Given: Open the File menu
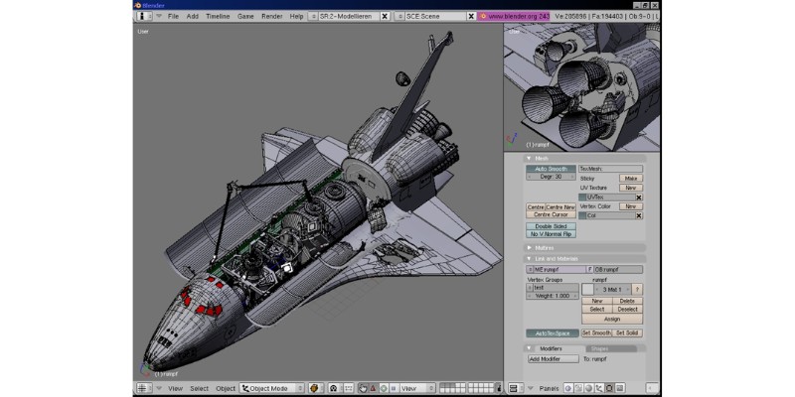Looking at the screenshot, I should pyautogui.click(x=173, y=17).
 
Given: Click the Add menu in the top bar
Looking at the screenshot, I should pyautogui.click(x=193, y=17).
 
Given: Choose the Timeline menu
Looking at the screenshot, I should pyautogui.click(x=218, y=17).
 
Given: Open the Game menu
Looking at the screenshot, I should pyautogui.click(x=245, y=17).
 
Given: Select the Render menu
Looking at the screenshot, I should pyautogui.click(x=271, y=17).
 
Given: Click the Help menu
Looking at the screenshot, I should pyautogui.click(x=296, y=17).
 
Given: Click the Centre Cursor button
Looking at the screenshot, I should pyautogui.click(x=551, y=214).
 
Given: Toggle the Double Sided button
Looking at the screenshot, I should pyautogui.click(x=551, y=226).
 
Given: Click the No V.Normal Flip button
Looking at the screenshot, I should pyautogui.click(x=551, y=234).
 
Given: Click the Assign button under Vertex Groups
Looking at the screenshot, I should pyautogui.click(x=612, y=319).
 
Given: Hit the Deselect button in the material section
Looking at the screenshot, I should pyautogui.click(x=627, y=309).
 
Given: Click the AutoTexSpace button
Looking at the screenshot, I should pyautogui.click(x=551, y=333).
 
